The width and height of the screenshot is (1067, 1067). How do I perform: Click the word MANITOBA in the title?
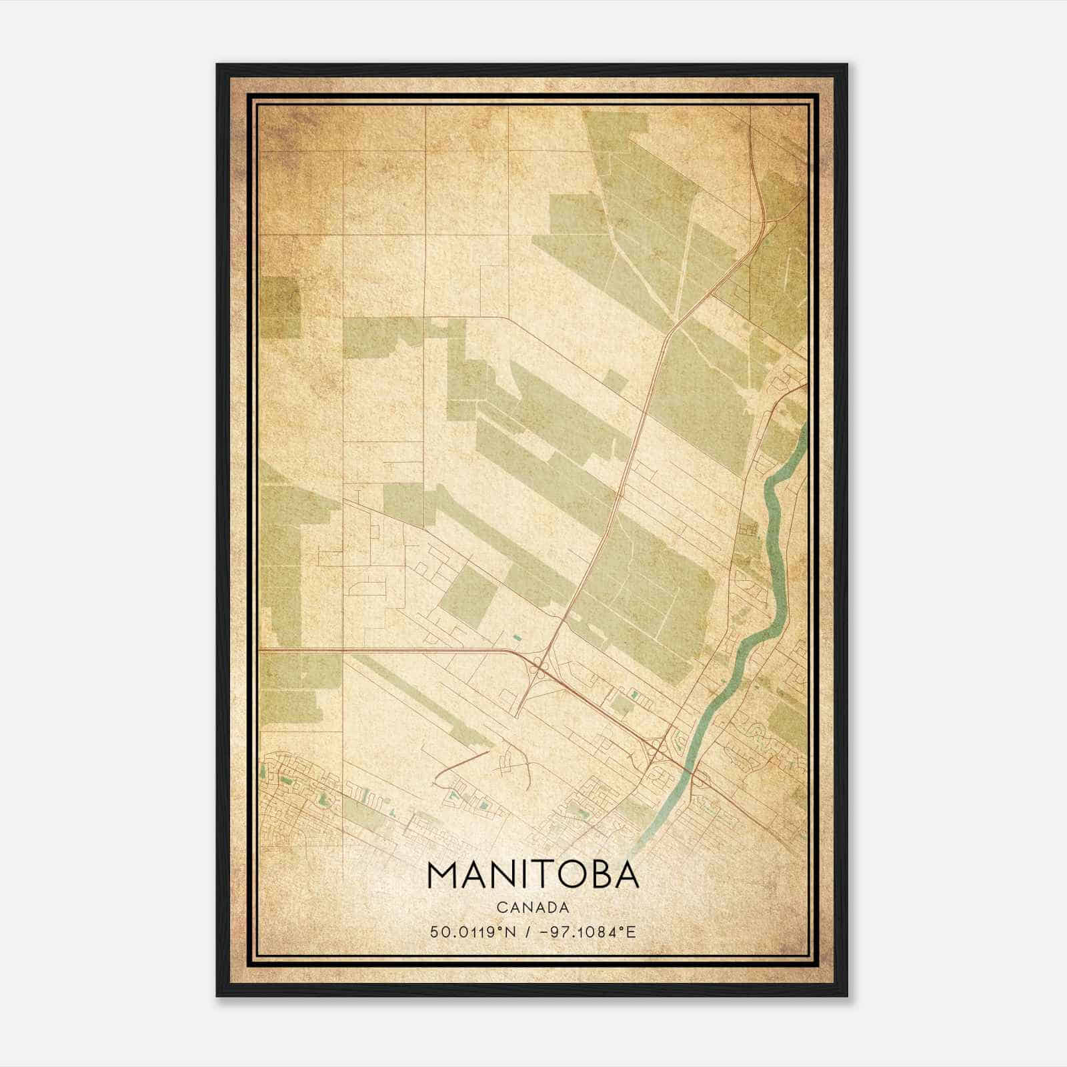(533, 876)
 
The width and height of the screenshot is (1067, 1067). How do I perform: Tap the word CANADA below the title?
(533, 908)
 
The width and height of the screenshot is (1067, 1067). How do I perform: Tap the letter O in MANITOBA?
(568, 876)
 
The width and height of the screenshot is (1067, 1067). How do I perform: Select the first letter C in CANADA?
(500, 908)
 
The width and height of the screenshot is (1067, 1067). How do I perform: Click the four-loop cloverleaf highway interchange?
(538, 668)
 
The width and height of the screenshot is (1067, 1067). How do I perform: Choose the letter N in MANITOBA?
(499, 876)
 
